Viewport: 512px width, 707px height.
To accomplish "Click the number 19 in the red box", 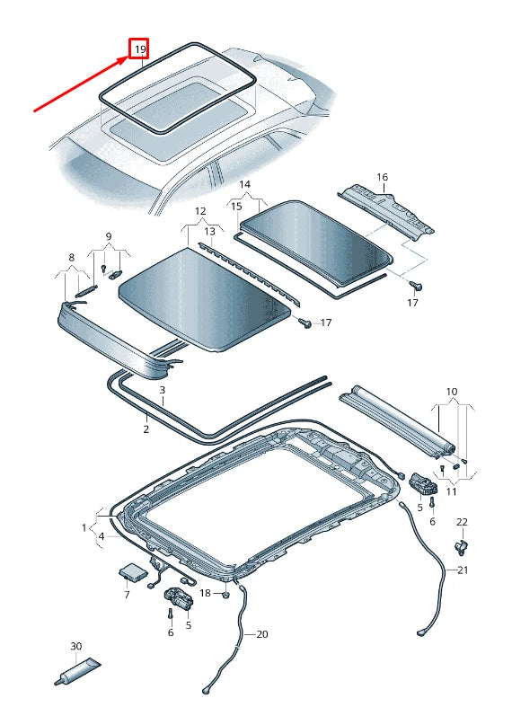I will tap(140, 49).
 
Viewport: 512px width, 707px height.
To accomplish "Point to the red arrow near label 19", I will tap(81, 84).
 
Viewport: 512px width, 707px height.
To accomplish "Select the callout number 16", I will tap(382, 177).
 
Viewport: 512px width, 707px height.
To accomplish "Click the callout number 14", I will tap(244, 184).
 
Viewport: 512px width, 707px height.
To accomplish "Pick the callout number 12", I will tap(200, 212).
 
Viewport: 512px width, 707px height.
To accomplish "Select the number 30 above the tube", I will tap(76, 646).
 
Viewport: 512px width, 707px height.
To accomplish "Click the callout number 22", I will tap(462, 522).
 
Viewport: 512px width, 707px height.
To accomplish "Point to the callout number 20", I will tap(262, 634).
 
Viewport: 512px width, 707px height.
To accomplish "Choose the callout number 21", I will tap(463, 570).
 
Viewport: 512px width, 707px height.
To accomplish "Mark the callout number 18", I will tap(205, 593).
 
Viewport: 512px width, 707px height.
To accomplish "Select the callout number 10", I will tap(451, 392).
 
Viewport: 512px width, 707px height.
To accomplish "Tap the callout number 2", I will tap(146, 429).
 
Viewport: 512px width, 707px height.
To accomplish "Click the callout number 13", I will tap(208, 231).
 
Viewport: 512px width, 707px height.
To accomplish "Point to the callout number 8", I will tap(71, 257).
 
